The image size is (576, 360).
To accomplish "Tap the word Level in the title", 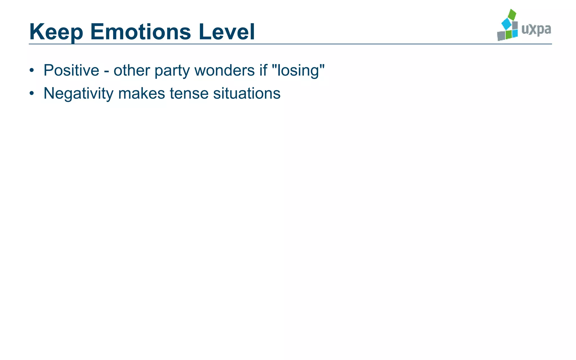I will (x=227, y=31).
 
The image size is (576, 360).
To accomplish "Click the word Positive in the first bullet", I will (x=71, y=70).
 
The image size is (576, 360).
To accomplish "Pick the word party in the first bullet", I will (x=172, y=71).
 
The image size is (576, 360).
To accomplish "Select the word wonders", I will (x=224, y=70).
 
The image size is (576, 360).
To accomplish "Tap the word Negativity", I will (x=78, y=93).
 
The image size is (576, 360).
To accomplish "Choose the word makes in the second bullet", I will (x=141, y=93).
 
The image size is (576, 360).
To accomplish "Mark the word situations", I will (x=247, y=93).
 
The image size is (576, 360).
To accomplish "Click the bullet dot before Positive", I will (x=32, y=70).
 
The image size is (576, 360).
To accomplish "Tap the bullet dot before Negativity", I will (x=32, y=93).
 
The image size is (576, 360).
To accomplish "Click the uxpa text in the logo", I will (x=536, y=30).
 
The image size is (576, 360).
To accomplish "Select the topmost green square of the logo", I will (x=512, y=15).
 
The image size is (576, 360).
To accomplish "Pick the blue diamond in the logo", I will (x=507, y=24).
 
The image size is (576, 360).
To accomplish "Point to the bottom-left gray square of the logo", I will (x=501, y=36).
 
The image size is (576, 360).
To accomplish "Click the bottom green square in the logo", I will (x=508, y=35).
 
